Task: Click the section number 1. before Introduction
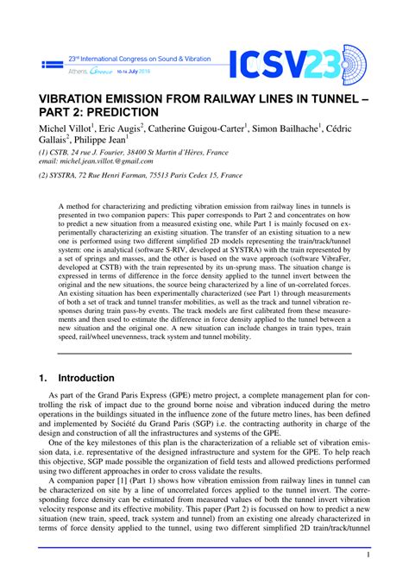pos(43,378)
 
